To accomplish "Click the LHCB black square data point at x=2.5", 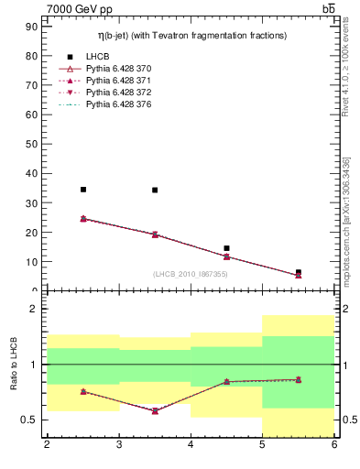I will point(83,190).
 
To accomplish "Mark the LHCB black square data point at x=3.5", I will point(155,191).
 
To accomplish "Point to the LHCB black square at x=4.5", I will point(226,248).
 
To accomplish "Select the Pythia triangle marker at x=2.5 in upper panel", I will point(83,219).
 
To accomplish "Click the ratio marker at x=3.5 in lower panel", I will point(155,410).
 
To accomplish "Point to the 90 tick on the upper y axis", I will point(35,27).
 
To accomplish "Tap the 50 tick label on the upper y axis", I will point(35,144).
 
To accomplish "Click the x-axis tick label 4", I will point(191,445).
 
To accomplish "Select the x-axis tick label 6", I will point(333,445).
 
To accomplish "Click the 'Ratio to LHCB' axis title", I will point(14,365).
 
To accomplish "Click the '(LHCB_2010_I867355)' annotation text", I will point(191,274).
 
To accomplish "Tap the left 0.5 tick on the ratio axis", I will point(31,420).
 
